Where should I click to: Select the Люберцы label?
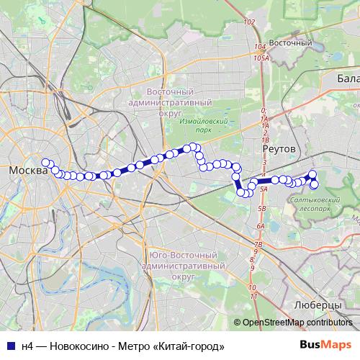[318, 305]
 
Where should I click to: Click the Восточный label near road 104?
[294, 43]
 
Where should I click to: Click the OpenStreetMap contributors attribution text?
[298, 323]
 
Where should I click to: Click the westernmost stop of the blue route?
[45, 163]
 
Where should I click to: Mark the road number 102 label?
[249, 22]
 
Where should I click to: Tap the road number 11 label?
[253, 296]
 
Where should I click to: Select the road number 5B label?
[262, 208]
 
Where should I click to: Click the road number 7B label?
[257, 245]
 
